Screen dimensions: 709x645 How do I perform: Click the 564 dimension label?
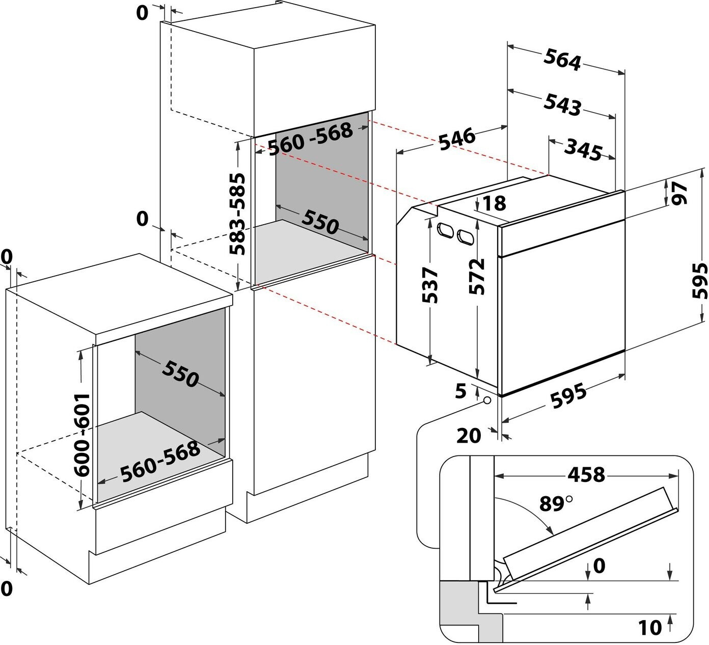pos(562,60)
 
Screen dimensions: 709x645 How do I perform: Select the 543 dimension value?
pos(562,104)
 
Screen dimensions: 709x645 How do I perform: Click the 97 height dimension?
pos(679,193)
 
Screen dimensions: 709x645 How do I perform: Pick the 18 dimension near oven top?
pos(494,203)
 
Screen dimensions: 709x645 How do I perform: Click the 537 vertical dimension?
pos(430,285)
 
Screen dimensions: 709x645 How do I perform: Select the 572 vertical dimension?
pos(477,277)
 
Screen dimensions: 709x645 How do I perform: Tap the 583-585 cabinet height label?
pos(237,214)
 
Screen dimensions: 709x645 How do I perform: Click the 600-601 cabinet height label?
pos(83,435)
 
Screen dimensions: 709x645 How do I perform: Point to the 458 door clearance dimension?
pos(586,474)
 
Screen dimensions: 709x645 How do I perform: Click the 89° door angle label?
pos(556,503)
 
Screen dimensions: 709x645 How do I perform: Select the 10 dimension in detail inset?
pos(650,627)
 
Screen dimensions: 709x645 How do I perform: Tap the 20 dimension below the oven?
pos(469,435)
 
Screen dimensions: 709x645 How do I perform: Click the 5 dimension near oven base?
pos(461,391)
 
